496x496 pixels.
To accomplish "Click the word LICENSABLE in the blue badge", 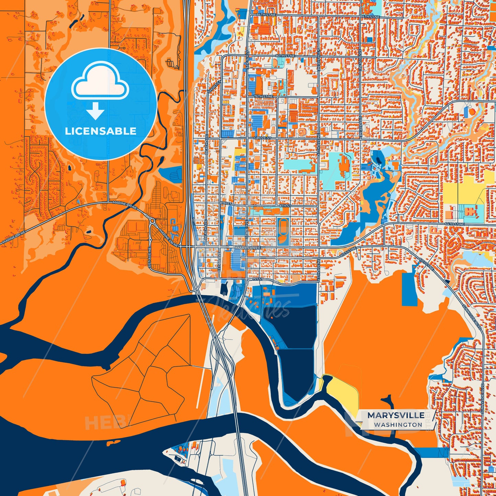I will tap(101, 131).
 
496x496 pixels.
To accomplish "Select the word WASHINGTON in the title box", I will tap(398, 425).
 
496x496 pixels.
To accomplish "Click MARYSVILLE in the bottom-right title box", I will tap(396, 415).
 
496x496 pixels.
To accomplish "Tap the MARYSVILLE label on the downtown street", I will tap(248, 247).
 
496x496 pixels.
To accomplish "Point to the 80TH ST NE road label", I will tap(285, 56).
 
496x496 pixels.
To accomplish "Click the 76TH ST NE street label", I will tap(264, 97).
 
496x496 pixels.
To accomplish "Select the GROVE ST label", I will tap(263, 138).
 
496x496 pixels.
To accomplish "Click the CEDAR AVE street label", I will tap(219, 263).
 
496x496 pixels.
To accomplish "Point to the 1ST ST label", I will tap(257, 279).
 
